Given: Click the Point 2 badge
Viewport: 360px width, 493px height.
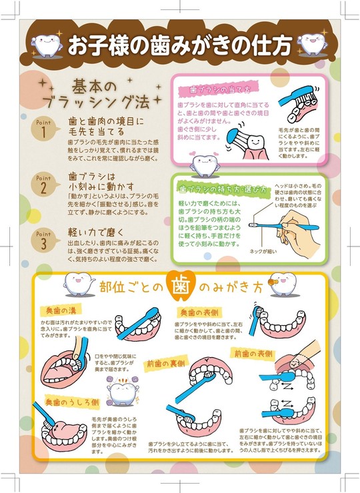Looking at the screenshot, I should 44,184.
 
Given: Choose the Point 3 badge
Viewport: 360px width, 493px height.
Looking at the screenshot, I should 44,239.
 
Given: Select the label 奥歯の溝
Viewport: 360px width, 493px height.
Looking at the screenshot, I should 61,311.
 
